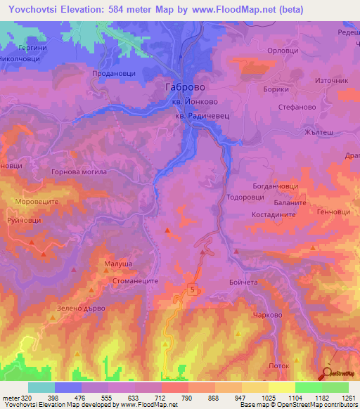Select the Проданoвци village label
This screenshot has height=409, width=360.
[x=113, y=72]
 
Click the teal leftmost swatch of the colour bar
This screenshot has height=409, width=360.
[x=41, y=387]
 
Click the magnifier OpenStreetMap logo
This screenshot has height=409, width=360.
[x=328, y=373]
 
